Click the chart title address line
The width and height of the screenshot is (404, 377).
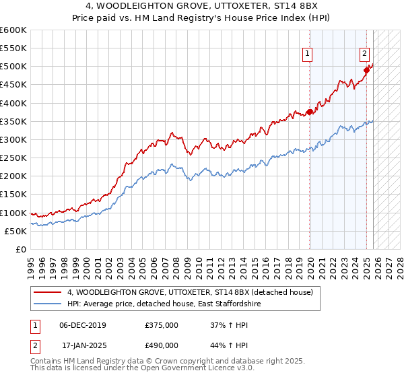[201, 6]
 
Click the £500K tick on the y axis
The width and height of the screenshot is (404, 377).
[13, 67]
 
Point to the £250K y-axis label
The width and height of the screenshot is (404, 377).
[13, 158]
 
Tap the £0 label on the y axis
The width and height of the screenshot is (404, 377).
[22, 249]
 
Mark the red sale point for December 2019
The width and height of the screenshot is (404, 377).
[310, 112]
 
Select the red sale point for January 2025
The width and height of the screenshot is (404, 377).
[367, 69]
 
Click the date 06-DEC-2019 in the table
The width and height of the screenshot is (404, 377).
[83, 324]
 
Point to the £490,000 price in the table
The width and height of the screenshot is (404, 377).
[161, 345]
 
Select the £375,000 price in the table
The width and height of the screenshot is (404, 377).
[161, 324]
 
